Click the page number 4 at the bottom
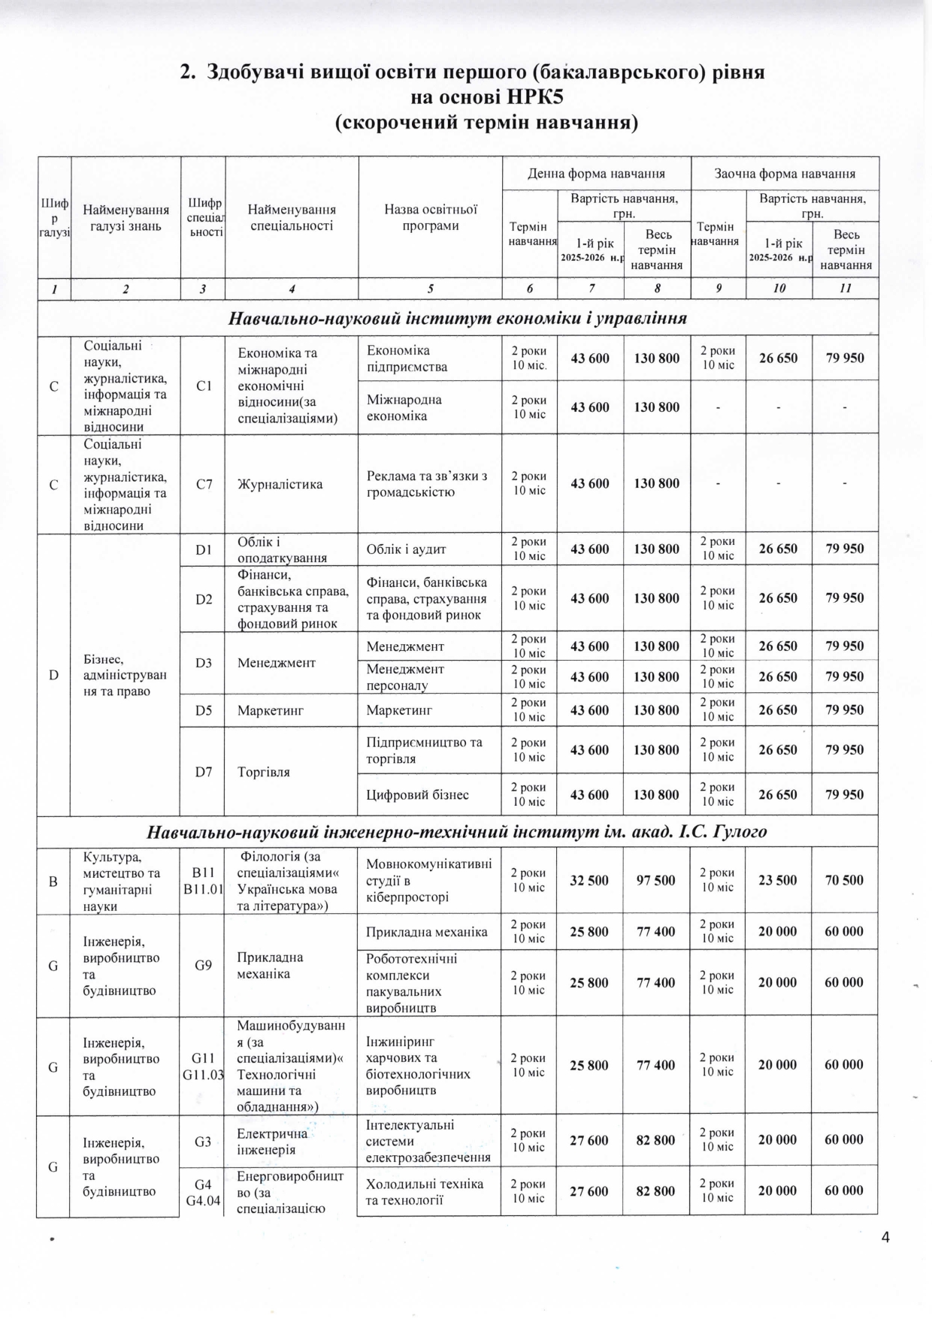[x=885, y=1237]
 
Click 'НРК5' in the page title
[x=528, y=98]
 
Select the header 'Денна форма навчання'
[x=596, y=174]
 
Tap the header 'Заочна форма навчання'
[x=785, y=174]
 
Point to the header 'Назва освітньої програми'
[x=430, y=217]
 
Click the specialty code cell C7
[x=204, y=484]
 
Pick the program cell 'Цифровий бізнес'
[x=417, y=794]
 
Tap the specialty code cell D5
[x=204, y=709]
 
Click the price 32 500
[x=589, y=880]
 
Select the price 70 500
[x=844, y=880]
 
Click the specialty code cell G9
[x=203, y=965]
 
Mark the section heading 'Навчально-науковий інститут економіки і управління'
[x=458, y=318]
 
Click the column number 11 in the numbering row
[x=846, y=288]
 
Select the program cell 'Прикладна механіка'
[x=427, y=932]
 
